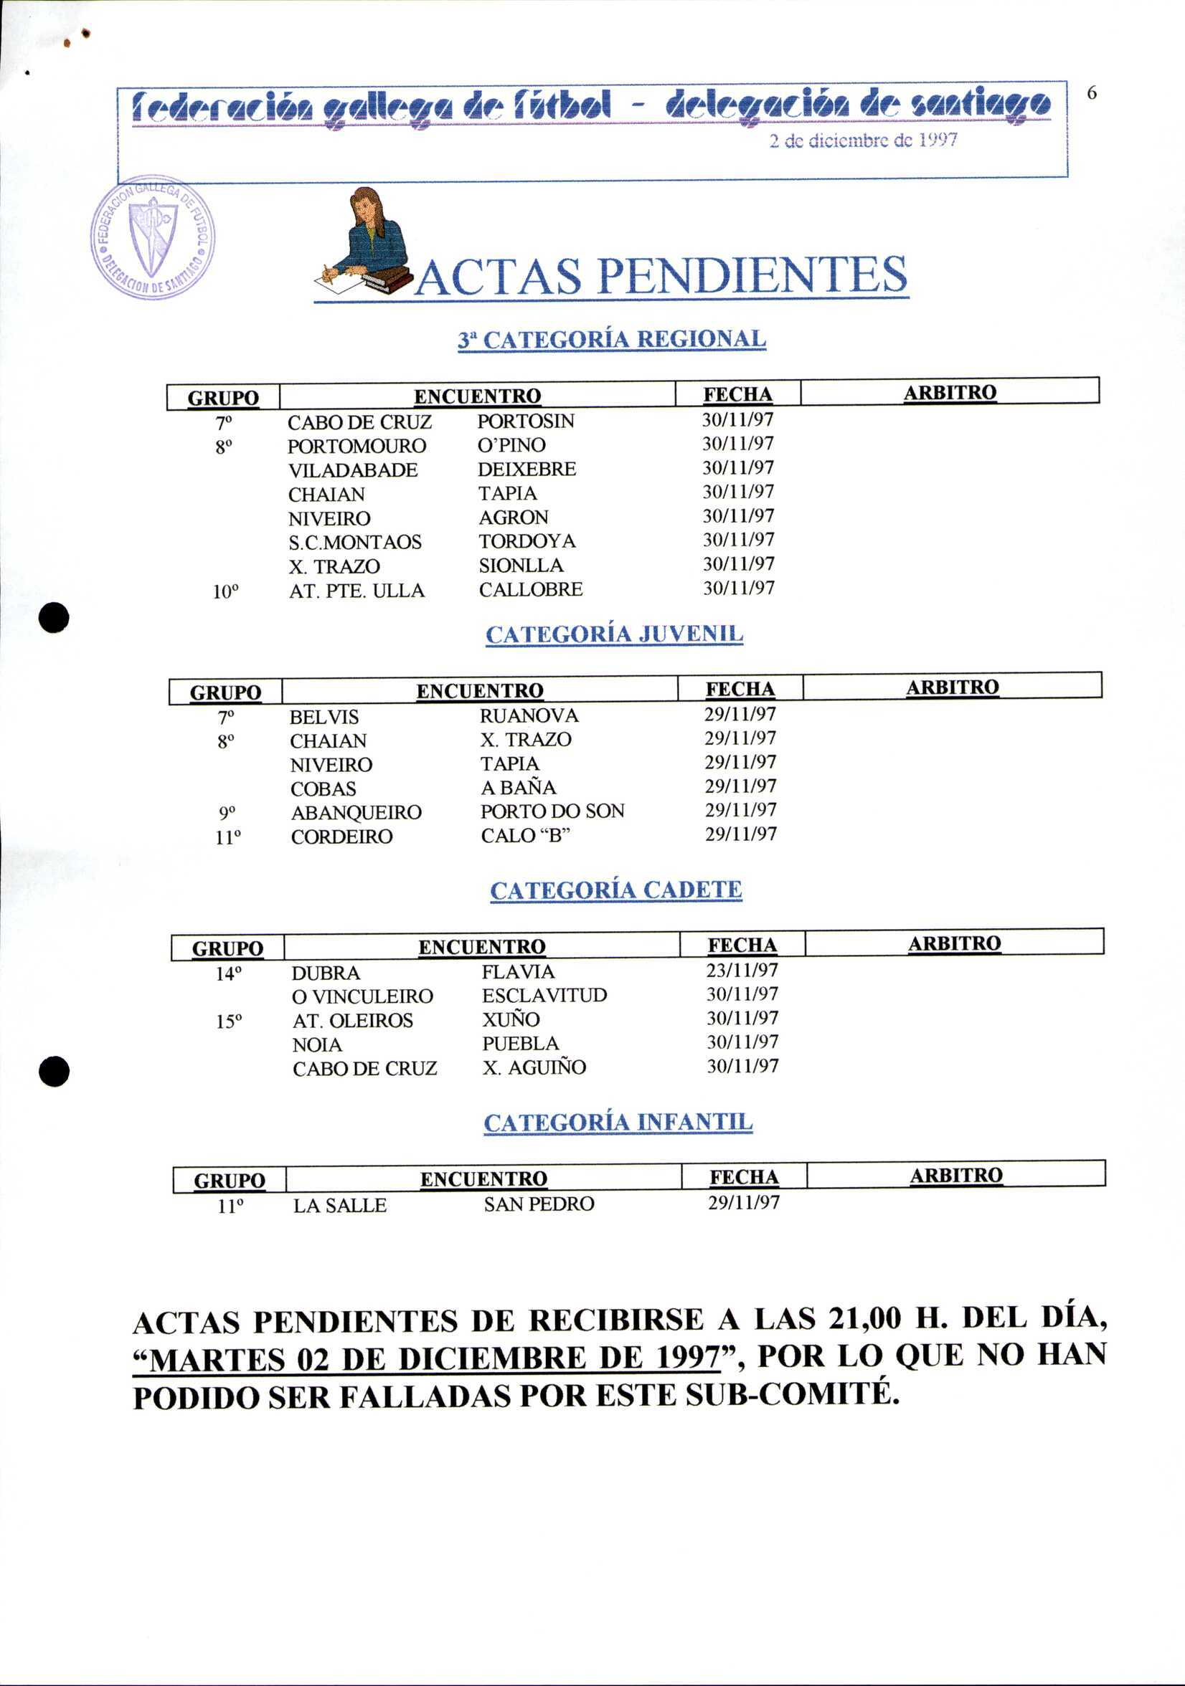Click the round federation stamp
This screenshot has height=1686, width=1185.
point(152,238)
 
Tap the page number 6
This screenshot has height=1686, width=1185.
point(1092,94)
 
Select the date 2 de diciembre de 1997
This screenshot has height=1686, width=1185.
point(863,140)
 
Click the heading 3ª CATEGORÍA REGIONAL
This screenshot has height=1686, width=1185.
point(611,340)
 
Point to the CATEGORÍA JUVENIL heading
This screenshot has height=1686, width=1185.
point(614,634)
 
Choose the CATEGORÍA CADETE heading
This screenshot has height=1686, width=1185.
point(615,890)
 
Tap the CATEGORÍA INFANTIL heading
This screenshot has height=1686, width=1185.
point(618,1123)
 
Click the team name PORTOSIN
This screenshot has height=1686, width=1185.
point(525,421)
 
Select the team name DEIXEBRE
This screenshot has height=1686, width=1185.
point(527,470)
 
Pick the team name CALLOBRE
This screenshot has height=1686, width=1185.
point(530,590)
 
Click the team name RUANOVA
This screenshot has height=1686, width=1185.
point(529,716)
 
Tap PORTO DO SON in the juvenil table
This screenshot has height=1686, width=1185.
point(552,811)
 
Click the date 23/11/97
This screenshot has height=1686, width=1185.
point(742,971)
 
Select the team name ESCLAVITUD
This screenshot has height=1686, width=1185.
point(544,996)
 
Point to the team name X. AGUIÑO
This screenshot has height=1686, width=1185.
point(534,1067)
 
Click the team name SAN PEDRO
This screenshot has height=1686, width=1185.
point(539,1205)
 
